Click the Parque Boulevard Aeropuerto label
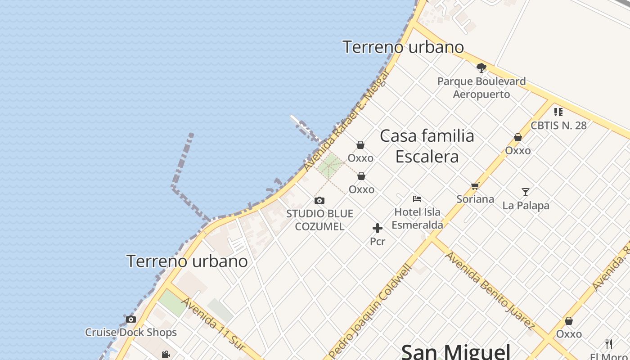point(481,88)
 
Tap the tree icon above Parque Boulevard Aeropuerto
point(481,68)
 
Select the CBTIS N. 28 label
point(558,125)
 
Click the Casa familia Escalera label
point(427,146)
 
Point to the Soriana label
point(475,199)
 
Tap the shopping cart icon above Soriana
point(475,186)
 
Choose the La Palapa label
point(526,206)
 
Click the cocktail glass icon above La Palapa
point(526,192)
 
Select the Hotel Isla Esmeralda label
point(418,218)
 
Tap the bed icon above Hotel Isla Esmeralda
point(417,198)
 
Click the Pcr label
point(378,241)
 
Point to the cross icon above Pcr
point(378,228)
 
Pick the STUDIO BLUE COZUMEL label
point(319,220)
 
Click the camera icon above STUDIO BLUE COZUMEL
point(319,200)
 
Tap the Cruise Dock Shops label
point(131,333)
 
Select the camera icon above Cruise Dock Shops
point(131,319)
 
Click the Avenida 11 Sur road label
point(213,324)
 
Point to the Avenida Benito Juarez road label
point(490,290)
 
